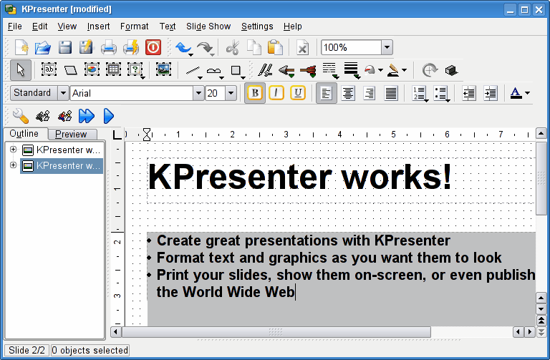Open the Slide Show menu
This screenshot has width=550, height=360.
pos(208,26)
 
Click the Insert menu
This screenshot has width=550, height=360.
pos(99,26)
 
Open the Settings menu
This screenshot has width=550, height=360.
pos(257,26)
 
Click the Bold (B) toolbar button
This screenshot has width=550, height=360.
pos(254,93)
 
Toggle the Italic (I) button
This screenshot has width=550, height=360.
pos(276,93)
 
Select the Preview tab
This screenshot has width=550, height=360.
pos(71,134)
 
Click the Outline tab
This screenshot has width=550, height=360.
pos(24,134)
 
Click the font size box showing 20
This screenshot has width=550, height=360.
pos(215,93)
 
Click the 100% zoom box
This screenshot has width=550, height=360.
pos(351,47)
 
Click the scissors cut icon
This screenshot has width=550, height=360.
pos(232,48)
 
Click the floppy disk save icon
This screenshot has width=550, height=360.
pos(65,48)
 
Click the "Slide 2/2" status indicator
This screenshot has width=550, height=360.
pos(27,351)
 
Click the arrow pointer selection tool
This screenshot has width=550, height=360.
pos(20,70)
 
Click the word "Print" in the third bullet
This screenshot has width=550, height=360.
pos(173,275)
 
